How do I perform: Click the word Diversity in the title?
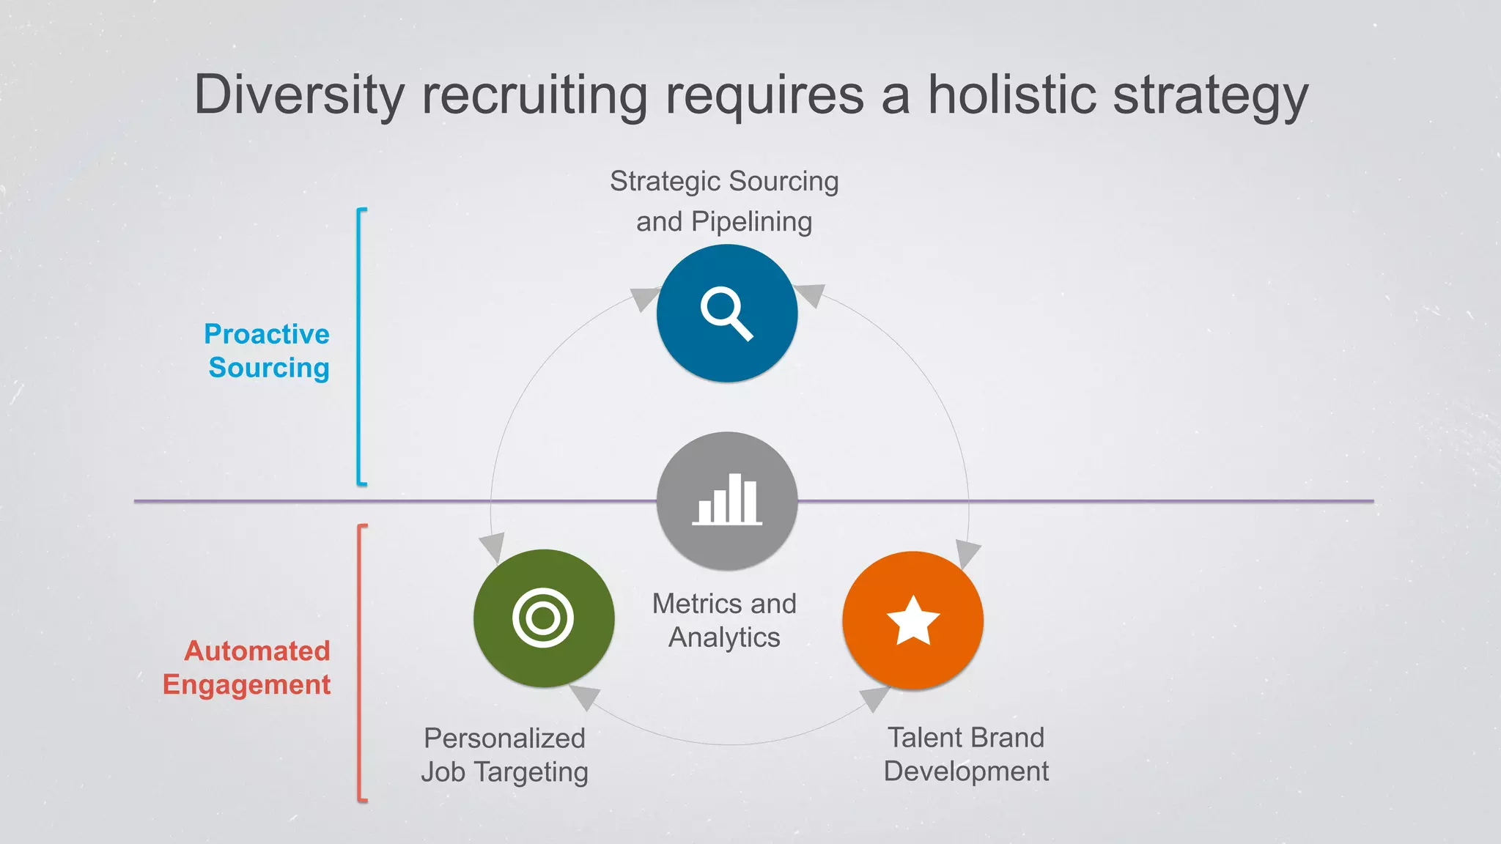click(299, 95)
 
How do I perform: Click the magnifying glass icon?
click(726, 314)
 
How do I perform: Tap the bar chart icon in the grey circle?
click(727, 500)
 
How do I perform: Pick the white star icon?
click(913, 620)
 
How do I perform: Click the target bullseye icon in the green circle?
click(543, 618)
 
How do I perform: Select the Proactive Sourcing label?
click(268, 351)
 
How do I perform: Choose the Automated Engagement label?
click(248, 667)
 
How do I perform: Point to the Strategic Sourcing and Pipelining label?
click(724, 201)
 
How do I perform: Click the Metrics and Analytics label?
click(724, 621)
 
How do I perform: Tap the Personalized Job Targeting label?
click(504, 755)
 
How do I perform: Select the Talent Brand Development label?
click(966, 754)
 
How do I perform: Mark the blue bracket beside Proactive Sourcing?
click(360, 347)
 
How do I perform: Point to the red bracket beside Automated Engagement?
click(360, 663)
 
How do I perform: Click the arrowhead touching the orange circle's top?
click(967, 553)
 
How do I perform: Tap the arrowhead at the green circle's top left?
click(493, 547)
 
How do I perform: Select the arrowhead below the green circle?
click(586, 696)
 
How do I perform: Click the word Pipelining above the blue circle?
click(751, 221)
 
